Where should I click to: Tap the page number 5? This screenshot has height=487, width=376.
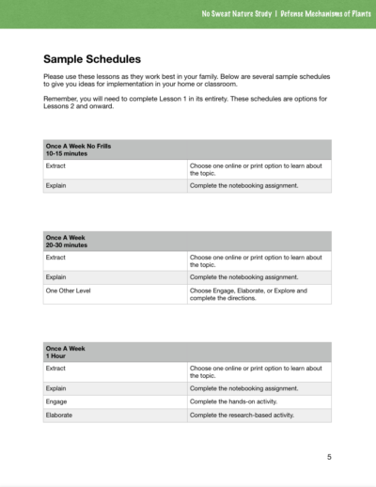click(329, 457)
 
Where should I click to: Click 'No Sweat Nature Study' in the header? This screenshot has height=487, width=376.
click(235, 14)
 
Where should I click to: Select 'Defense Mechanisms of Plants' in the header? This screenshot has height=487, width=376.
click(319, 14)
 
